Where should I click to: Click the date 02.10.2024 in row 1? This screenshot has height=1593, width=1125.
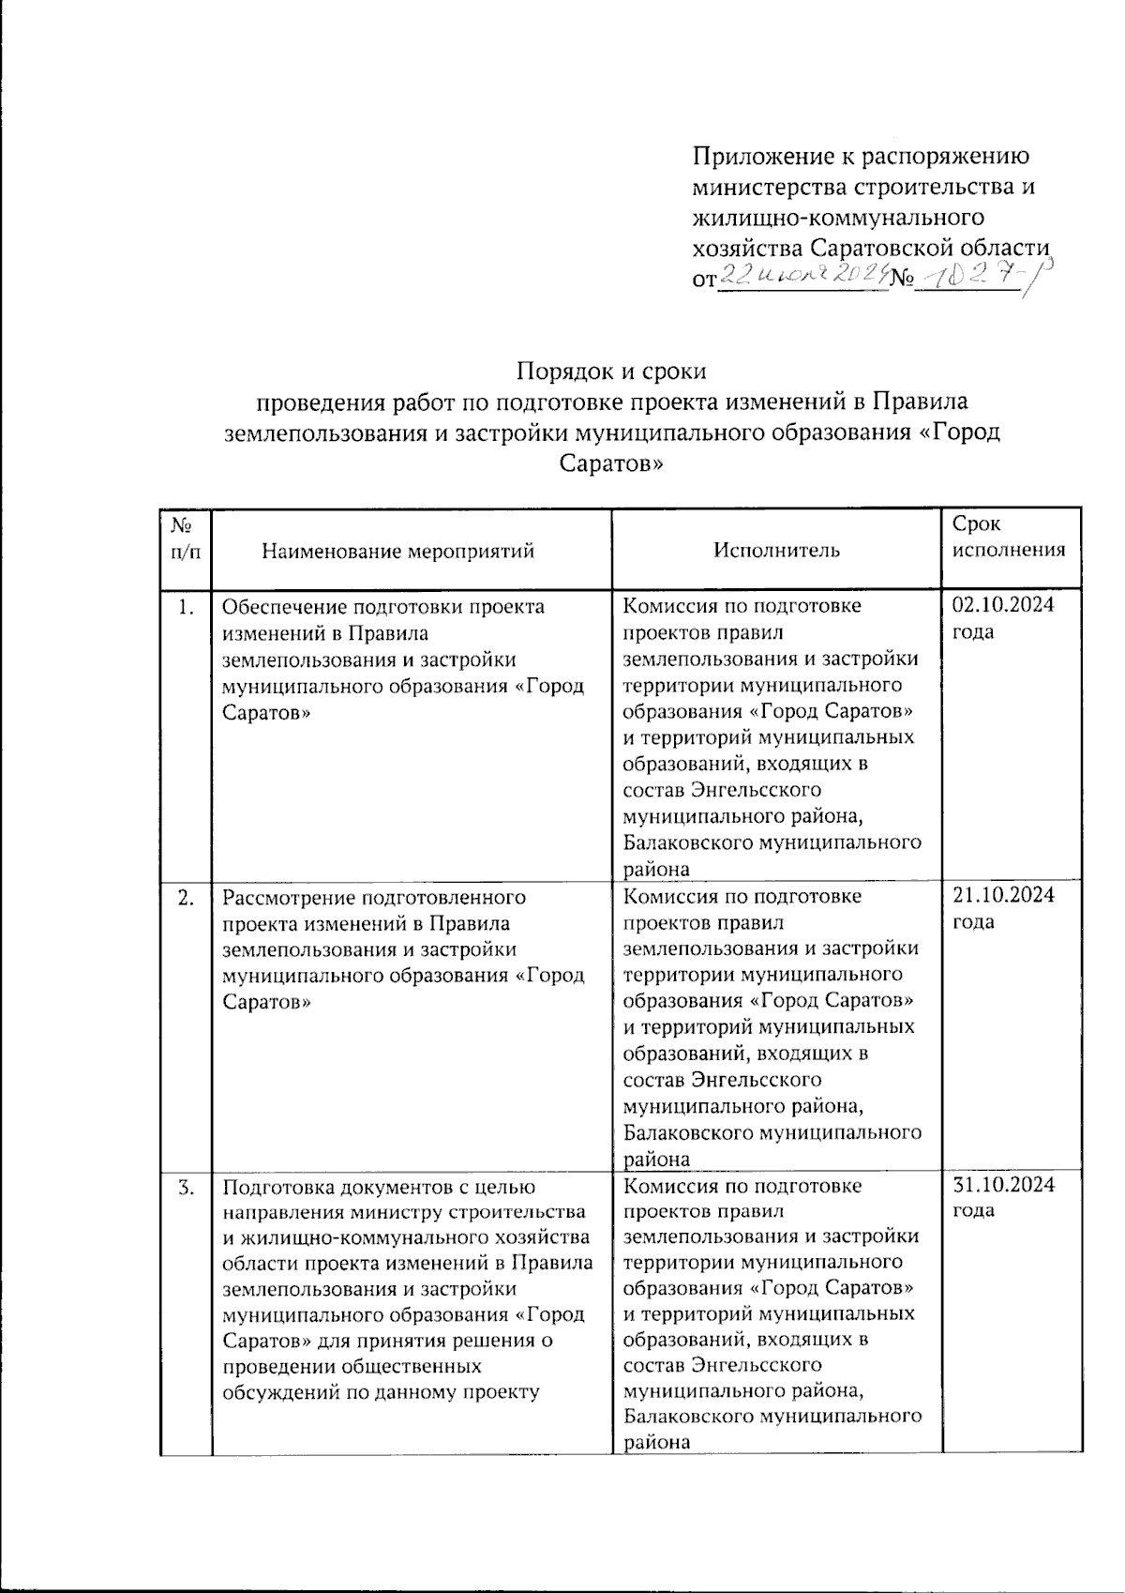(x=1002, y=605)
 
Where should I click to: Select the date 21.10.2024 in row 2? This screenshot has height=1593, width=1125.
(x=1002, y=895)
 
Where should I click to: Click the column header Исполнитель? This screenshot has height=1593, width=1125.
(x=776, y=551)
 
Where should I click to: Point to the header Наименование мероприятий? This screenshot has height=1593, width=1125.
(x=397, y=551)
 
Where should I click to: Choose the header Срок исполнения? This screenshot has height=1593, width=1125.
(x=1009, y=537)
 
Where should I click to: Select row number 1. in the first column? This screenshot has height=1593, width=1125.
(x=186, y=608)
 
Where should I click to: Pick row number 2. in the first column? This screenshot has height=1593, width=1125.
(x=186, y=898)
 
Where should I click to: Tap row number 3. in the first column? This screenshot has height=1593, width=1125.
(x=186, y=1187)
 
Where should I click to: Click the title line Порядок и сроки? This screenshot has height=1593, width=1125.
(x=612, y=372)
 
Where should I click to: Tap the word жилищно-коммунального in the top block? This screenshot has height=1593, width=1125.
(x=838, y=218)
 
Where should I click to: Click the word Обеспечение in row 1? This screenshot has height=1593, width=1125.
(x=286, y=607)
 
